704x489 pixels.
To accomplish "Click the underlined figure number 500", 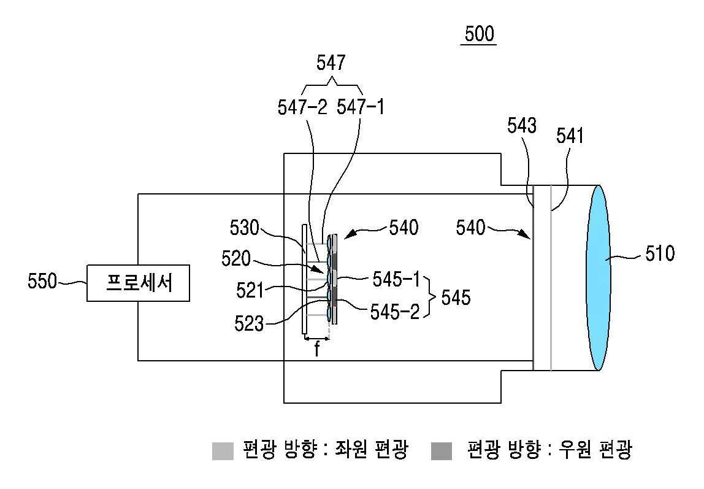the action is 479,34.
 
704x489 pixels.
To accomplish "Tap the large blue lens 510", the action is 599,277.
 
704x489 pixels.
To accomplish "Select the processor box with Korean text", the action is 139,283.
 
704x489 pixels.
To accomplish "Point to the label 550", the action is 42,282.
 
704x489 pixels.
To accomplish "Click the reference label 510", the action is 660,254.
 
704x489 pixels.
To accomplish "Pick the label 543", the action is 522,126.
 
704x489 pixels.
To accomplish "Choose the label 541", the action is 570,136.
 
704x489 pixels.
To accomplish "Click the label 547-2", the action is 302,107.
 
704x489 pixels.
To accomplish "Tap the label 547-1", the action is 361,107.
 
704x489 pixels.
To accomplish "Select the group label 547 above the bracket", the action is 331,63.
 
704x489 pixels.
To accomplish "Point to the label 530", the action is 244,228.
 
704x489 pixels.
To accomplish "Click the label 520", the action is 235,259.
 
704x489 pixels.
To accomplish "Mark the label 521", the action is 250,291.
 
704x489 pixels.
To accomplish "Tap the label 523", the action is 249,323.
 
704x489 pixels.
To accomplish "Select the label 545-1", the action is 396,280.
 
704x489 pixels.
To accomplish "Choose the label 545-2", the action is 395,312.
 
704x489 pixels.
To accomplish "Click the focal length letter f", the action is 317,349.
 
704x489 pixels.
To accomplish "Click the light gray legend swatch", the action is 223,451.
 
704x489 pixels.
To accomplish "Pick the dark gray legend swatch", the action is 442,451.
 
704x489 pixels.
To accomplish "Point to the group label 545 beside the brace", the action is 456,297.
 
